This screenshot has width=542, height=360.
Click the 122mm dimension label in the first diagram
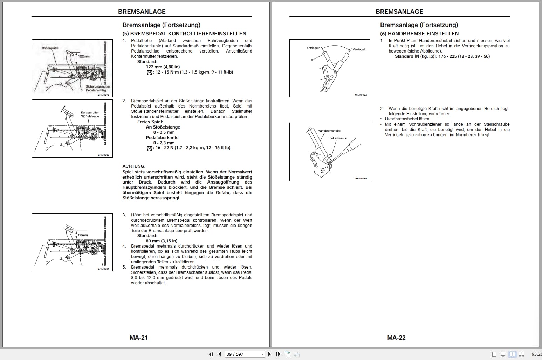(84, 56)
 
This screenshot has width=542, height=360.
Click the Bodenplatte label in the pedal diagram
(50, 48)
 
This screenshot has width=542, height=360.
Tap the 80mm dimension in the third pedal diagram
(83, 235)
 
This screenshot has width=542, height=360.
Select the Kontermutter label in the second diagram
(90, 113)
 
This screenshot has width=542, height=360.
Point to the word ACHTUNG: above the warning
(134, 166)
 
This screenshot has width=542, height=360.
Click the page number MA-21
(139, 338)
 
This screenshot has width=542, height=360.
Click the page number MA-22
(396, 338)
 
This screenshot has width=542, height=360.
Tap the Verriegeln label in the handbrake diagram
(359, 49)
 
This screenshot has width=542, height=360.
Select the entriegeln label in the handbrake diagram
(313, 48)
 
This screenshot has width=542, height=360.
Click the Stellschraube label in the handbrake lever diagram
(338, 138)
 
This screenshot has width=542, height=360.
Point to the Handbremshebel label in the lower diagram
(329, 131)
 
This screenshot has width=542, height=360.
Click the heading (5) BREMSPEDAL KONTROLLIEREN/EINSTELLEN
(184, 34)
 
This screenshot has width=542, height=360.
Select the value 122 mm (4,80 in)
(163, 67)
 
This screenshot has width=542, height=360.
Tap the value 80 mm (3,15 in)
(162, 241)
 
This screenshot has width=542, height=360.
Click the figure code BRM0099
(361, 179)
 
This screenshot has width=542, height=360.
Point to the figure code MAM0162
(361, 95)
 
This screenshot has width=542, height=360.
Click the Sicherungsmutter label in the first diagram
(98, 86)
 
